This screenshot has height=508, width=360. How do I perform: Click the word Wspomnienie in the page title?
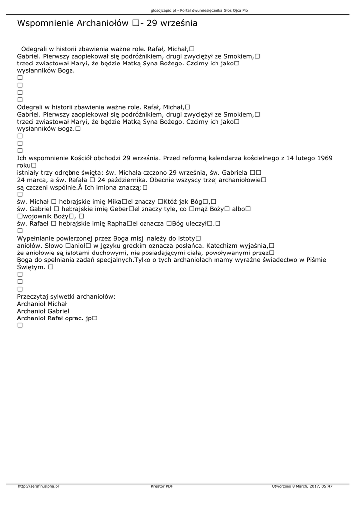coord(46,23)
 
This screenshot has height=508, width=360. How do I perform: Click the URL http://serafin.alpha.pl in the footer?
coord(38,486)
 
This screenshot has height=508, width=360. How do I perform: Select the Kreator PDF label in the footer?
coord(162,486)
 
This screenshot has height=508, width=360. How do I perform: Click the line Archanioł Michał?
coord(42,304)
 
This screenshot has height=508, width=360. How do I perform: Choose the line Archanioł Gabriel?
coord(43,311)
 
